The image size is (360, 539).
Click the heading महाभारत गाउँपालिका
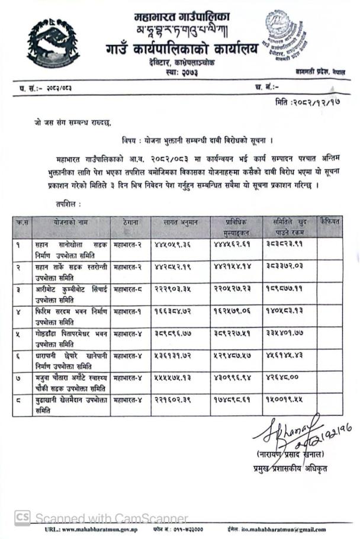[x=182, y=17]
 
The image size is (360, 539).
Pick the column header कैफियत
[x=329, y=222]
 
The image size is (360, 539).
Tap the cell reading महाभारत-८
[x=128, y=288]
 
